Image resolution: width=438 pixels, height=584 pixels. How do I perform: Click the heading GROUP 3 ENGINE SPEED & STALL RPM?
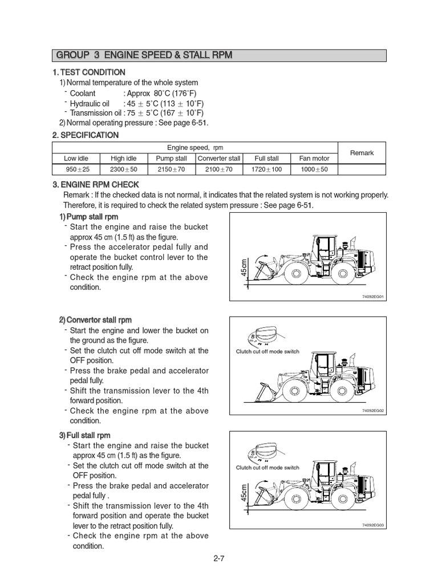click(144, 55)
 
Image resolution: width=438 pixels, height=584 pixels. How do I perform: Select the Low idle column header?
click(75, 158)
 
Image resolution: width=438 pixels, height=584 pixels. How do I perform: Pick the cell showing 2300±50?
click(123, 169)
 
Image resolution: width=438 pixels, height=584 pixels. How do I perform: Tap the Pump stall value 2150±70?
click(171, 169)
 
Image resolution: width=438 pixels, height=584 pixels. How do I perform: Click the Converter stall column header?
click(218, 158)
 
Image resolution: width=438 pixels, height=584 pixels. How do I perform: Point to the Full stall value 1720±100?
click(266, 169)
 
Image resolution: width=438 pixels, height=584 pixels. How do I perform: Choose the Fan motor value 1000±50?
click(314, 169)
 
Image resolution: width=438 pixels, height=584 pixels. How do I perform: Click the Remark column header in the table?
click(362, 153)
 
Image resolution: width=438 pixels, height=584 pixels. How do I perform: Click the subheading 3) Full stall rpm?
click(85, 435)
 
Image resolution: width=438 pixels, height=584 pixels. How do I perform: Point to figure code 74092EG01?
click(373, 297)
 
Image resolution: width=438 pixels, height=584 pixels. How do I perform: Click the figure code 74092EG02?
click(373, 411)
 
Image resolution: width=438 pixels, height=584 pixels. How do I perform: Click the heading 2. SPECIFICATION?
click(85, 135)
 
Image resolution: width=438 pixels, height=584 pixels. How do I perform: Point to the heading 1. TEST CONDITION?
click(88, 72)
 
